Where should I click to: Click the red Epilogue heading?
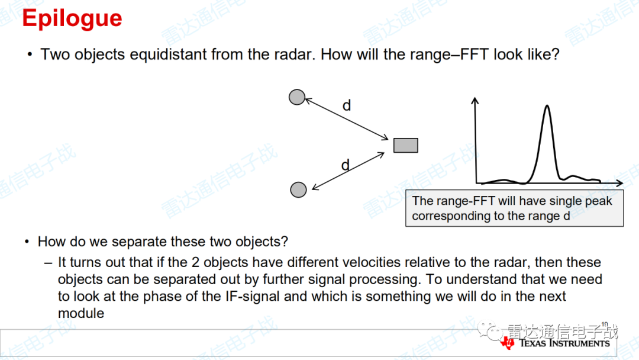72,19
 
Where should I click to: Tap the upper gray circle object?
296,97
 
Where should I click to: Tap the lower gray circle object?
298,189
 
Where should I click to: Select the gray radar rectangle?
405,146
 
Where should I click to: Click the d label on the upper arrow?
347,105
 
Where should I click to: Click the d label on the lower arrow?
346,165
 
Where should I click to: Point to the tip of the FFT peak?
547,105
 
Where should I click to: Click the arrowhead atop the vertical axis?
475,100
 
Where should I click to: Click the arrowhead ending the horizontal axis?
619,183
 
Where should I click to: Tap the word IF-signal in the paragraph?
252,297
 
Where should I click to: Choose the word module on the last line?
80,313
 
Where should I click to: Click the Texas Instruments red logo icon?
508,343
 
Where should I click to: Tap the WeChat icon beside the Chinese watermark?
490,330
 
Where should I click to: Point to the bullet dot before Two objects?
30,54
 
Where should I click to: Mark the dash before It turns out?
48,263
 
